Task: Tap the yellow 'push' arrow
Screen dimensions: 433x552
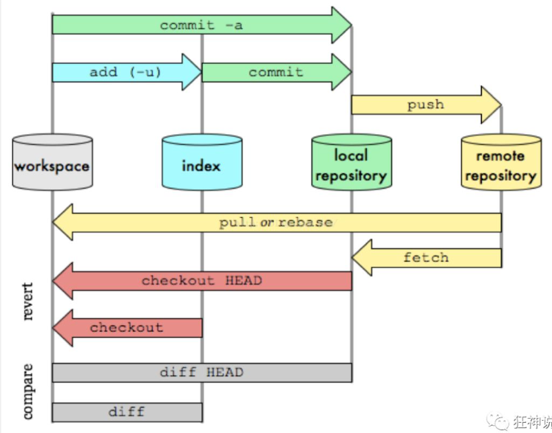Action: pos(425,104)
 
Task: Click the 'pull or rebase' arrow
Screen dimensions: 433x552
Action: pos(275,222)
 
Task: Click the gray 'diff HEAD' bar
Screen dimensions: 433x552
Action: pos(201,373)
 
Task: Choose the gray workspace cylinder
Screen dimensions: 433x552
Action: pos(52,164)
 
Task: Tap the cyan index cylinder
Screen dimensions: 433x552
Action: pos(202,164)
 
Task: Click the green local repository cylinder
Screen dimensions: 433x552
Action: pos(351,164)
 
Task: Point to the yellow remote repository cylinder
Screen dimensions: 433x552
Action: pos(500,164)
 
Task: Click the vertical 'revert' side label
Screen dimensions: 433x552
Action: pos(28,300)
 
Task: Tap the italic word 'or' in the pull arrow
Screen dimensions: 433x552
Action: pos(267,222)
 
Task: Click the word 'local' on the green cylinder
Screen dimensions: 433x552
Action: pos(351,155)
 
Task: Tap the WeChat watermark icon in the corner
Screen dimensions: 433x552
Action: pos(497,421)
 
